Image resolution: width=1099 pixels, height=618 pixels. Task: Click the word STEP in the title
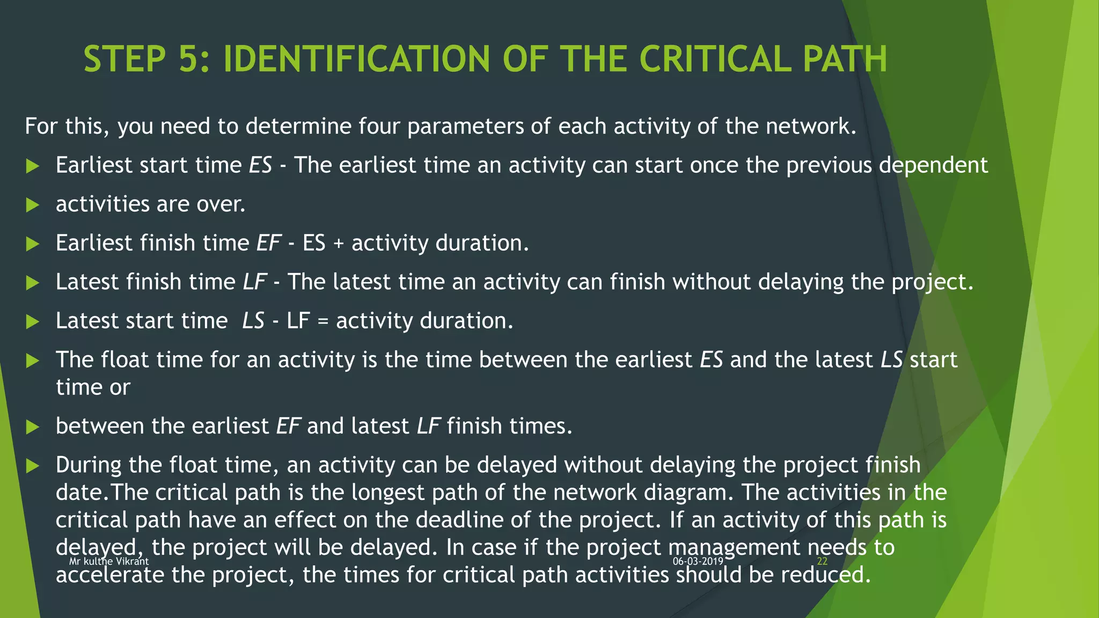click(124, 59)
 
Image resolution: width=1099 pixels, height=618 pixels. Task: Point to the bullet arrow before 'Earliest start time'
click(33, 166)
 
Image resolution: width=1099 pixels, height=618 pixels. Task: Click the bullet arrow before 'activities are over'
click(33, 205)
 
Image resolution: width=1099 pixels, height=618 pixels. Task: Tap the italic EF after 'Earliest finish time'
click(268, 243)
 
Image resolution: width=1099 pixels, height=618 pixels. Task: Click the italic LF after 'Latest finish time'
click(255, 282)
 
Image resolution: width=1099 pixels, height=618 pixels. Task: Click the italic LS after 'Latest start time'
click(253, 321)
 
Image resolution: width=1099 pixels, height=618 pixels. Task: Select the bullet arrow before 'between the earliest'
click(33, 427)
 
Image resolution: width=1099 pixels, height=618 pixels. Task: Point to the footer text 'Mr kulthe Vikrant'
click(109, 561)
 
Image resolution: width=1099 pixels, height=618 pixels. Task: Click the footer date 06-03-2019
click(698, 561)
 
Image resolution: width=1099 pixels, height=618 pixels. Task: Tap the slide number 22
click(822, 561)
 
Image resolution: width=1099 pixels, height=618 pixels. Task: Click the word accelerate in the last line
click(110, 576)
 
